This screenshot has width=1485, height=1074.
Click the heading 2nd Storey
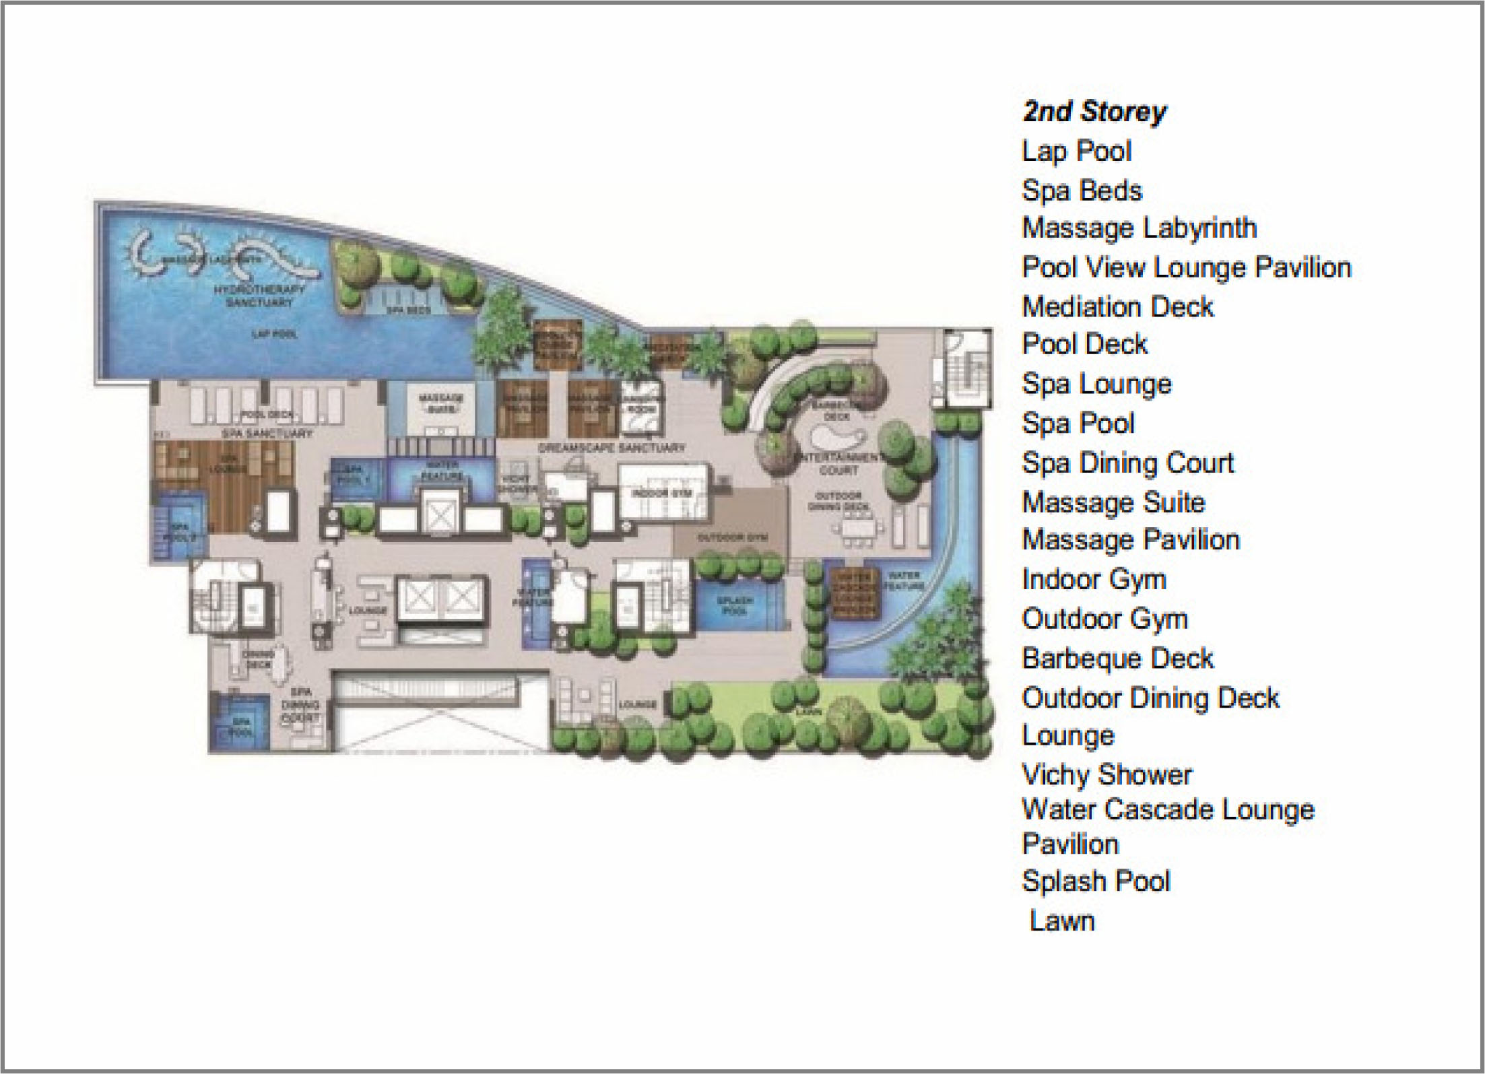(x=1094, y=112)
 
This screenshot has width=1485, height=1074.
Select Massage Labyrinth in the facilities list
(x=1139, y=228)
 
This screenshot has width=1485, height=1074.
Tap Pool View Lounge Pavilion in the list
(x=1186, y=268)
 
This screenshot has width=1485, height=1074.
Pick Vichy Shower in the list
(x=1107, y=774)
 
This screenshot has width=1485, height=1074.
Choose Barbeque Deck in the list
(x=1117, y=659)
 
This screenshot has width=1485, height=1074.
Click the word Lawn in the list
(x=1062, y=920)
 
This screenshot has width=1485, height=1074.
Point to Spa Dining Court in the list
(x=1127, y=463)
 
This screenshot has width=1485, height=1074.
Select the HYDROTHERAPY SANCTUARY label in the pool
(x=259, y=296)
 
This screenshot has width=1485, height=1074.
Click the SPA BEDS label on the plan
(x=408, y=310)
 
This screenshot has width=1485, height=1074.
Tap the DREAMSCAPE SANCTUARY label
(x=611, y=448)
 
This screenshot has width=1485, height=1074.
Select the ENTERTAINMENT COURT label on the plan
(x=838, y=464)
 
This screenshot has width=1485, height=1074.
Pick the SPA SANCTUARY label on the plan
(x=267, y=434)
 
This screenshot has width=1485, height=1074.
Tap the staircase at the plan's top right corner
(x=967, y=370)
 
